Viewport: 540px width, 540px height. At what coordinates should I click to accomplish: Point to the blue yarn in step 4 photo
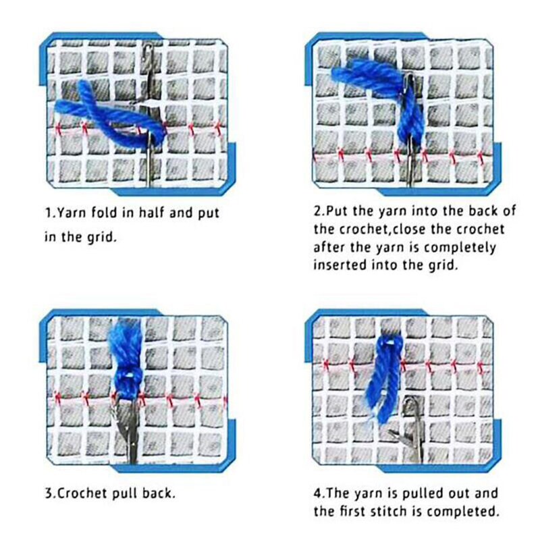click(384, 379)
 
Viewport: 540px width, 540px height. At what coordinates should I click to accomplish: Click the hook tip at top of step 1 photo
click(148, 47)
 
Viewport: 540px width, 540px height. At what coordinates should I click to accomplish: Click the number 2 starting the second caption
click(317, 211)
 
